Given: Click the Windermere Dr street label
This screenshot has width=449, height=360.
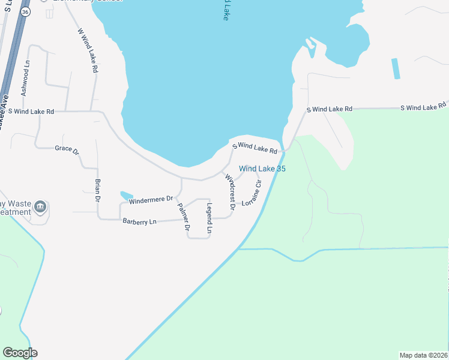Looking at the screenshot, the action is click(x=151, y=199).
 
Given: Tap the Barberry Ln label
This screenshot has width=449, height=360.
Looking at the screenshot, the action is click(x=139, y=221).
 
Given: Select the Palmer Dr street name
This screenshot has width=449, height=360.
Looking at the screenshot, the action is click(x=183, y=217).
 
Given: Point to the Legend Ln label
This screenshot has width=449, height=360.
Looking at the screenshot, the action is click(x=209, y=218).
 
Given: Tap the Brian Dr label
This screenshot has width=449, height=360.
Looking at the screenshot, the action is click(x=97, y=189).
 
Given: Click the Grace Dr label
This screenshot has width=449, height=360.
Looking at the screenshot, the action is click(x=67, y=149).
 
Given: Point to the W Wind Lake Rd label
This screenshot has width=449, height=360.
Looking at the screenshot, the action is click(x=88, y=50).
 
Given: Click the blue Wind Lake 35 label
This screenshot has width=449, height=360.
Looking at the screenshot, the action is click(x=262, y=169).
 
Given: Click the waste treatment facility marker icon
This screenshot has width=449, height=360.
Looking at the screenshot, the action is click(x=40, y=208).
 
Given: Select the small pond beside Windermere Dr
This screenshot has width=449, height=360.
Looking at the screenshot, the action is click(x=126, y=195).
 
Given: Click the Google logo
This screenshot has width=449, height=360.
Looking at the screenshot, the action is click(x=20, y=353).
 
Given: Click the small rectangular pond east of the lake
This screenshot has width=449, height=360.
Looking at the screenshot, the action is click(x=396, y=68).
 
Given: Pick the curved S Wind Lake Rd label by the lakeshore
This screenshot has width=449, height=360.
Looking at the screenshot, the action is click(x=256, y=147).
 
